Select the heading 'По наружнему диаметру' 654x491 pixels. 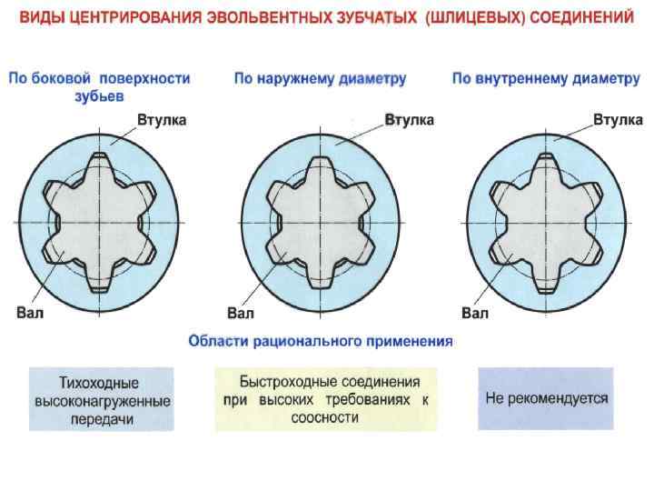click(x=320, y=79)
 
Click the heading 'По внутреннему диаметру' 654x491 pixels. click(x=547, y=79)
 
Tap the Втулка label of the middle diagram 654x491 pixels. click(x=410, y=119)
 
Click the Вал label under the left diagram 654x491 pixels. click(x=30, y=315)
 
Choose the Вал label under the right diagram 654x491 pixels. click(x=475, y=315)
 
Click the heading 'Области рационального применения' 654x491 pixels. click(x=320, y=342)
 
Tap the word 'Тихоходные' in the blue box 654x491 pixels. click(x=102, y=383)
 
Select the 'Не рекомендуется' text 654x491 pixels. click(x=547, y=398)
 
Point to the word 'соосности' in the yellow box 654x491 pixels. click(x=325, y=418)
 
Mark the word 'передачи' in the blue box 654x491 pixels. click(x=102, y=419)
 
